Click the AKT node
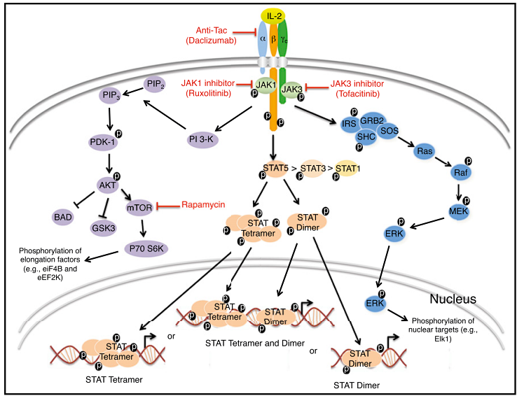click(107, 185)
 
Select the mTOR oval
click(139, 207)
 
